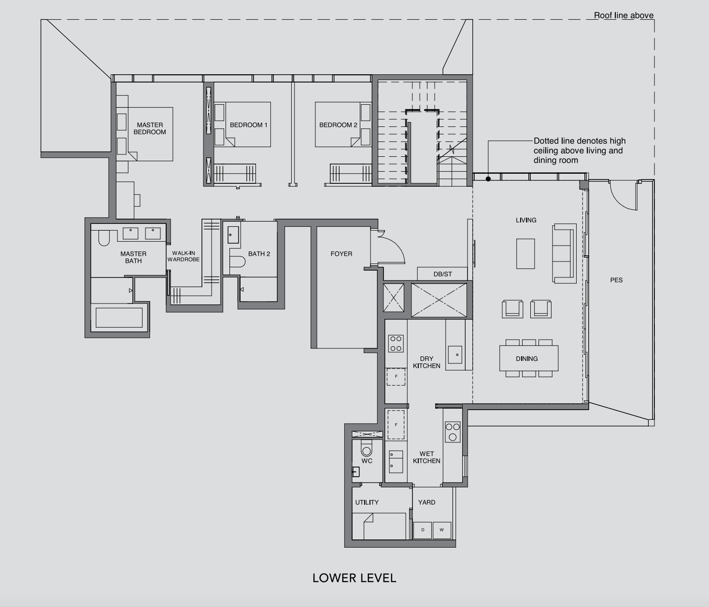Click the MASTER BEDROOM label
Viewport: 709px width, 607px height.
point(149,128)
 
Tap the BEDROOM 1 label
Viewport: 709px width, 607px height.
point(248,125)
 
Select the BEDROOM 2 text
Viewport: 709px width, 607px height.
point(338,125)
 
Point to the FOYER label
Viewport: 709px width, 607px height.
point(341,254)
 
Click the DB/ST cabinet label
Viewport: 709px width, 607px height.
point(442,274)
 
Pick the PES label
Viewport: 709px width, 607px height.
point(616,280)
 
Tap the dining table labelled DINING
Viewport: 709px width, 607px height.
point(528,359)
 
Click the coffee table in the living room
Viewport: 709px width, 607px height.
point(525,253)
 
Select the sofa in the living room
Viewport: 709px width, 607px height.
point(564,253)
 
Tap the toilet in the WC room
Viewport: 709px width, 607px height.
point(367,449)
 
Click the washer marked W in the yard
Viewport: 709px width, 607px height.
point(441,530)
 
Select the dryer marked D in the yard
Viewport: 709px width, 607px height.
point(423,530)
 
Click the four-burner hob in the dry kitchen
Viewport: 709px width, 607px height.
point(396,344)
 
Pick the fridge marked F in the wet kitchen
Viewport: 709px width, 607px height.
point(396,425)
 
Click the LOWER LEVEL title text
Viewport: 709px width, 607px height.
point(354,578)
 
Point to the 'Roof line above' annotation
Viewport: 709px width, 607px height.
point(623,15)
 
